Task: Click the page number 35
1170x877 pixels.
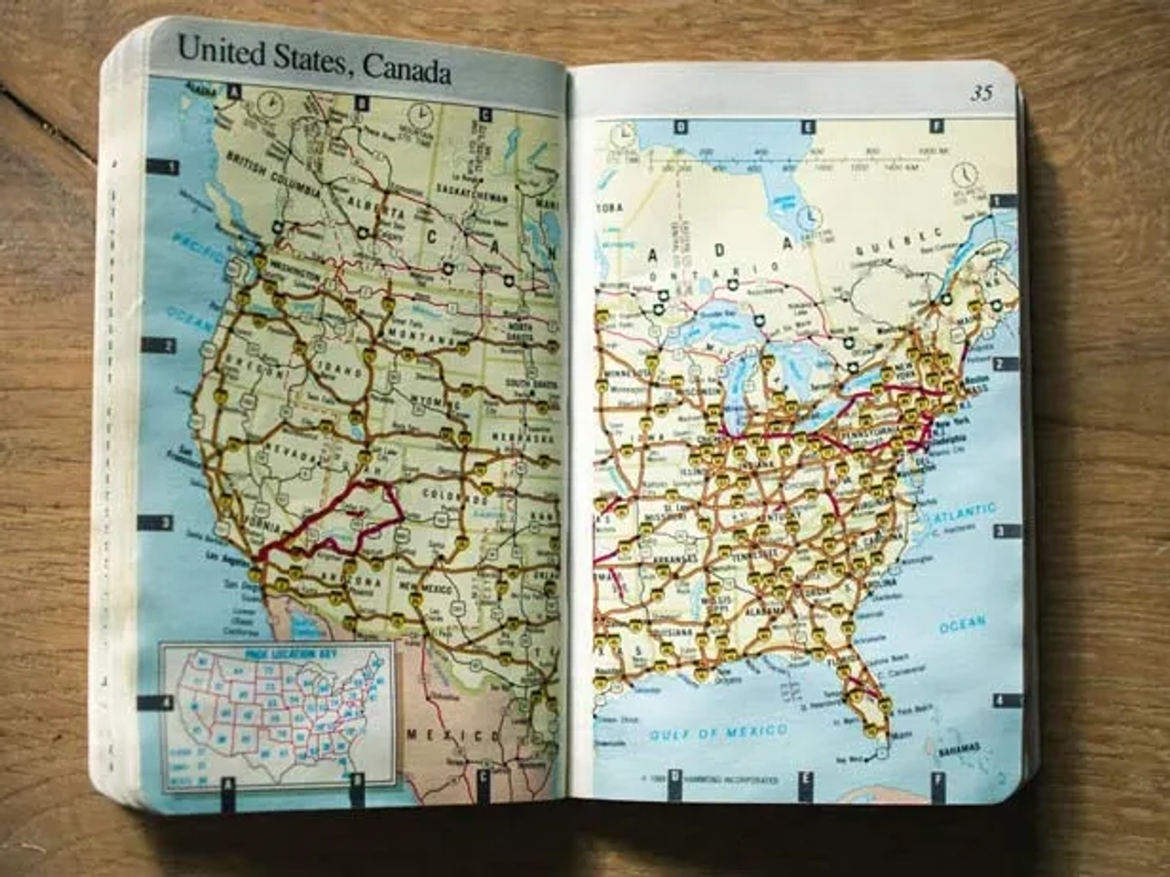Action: point(982,93)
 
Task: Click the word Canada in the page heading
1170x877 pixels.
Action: point(406,67)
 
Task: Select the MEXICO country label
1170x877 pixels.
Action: point(454,734)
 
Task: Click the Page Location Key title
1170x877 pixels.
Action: point(279,654)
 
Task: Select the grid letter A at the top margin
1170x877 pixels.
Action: point(235,91)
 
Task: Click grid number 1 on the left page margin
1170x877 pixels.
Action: point(169,167)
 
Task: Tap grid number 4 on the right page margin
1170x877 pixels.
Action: point(999,701)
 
